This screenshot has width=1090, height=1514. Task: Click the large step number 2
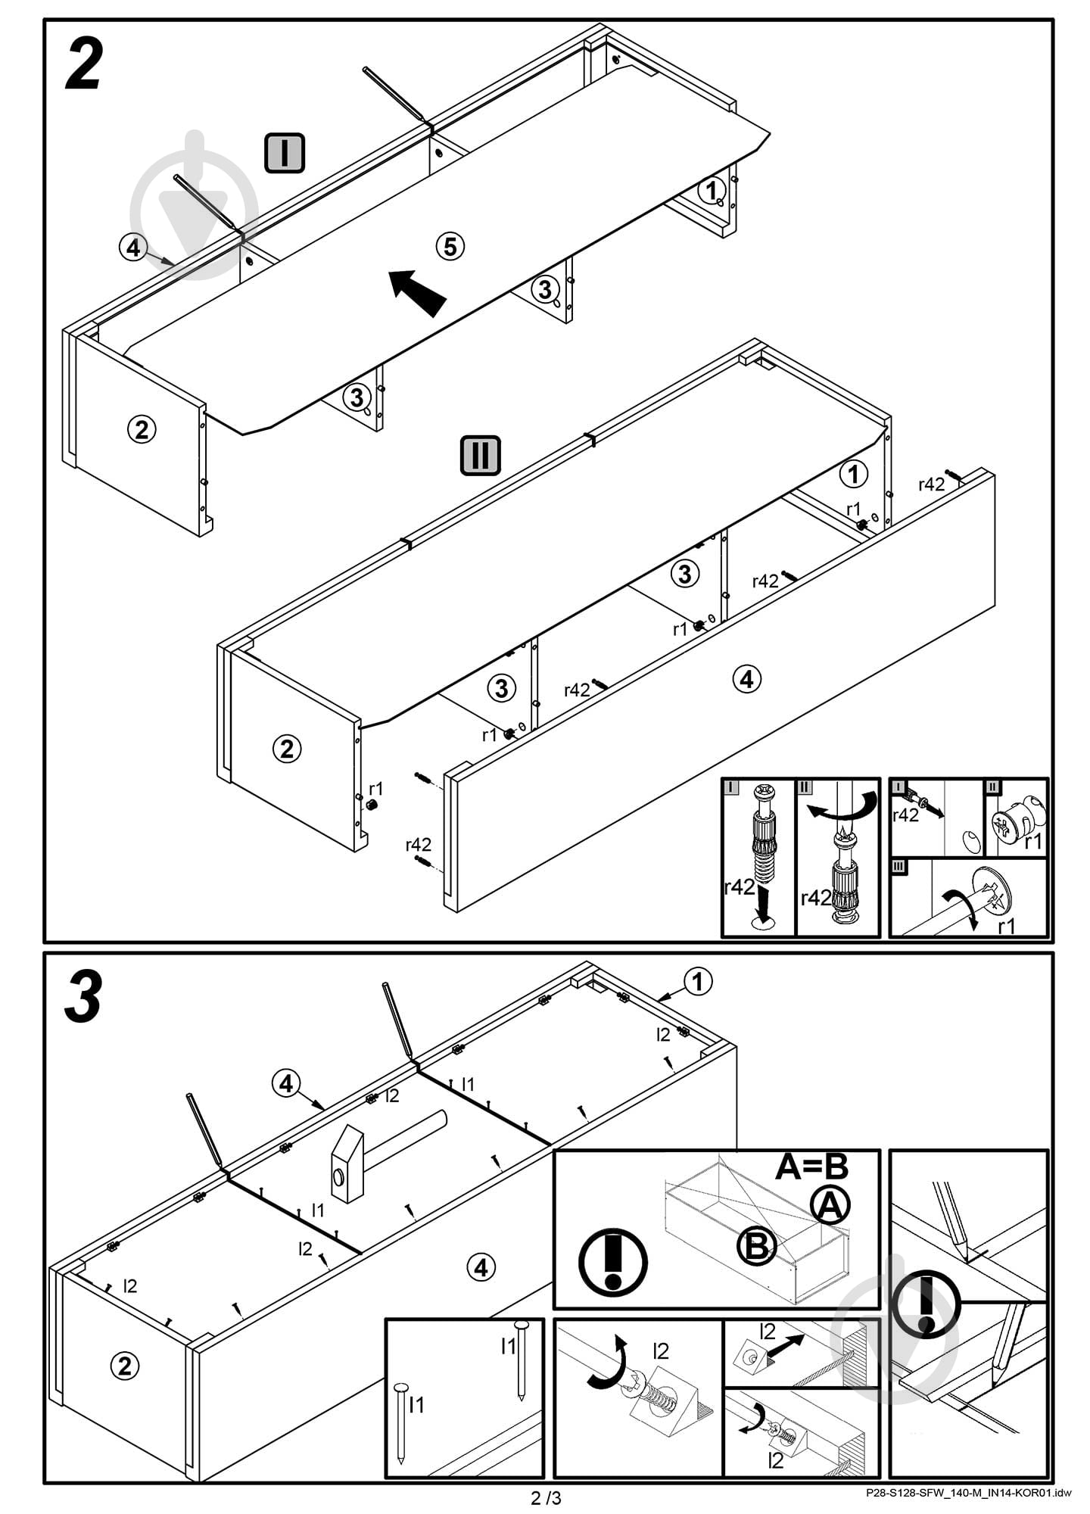[x=83, y=66]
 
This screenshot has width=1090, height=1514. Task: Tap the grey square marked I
[x=285, y=152]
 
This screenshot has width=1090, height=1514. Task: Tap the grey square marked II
[x=481, y=456]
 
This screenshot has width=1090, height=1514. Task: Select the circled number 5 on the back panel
[x=450, y=246]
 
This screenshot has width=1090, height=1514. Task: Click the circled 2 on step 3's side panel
[x=125, y=1366]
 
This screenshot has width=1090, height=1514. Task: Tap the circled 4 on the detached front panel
[x=747, y=679]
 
